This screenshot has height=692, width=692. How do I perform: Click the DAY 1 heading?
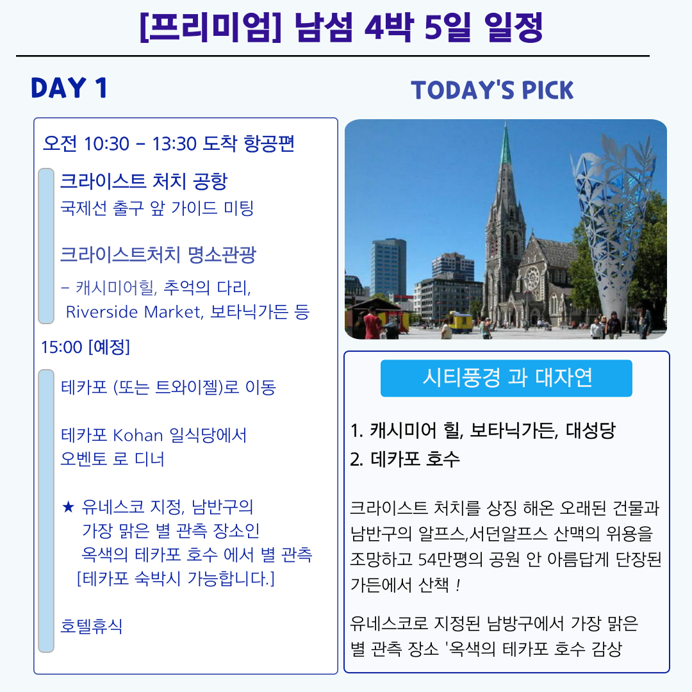click(69, 88)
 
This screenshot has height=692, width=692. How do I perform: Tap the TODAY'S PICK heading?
click(492, 90)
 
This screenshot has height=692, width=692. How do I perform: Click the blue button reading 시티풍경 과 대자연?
click(506, 378)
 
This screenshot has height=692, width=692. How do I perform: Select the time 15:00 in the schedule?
click(62, 347)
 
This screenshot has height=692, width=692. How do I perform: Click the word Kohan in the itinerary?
click(138, 436)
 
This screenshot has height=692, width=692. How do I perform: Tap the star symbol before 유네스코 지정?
click(68, 507)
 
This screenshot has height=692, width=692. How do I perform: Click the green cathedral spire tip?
click(506, 124)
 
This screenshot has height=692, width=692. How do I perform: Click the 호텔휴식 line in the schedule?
click(92, 626)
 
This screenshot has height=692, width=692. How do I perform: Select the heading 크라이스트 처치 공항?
click(144, 181)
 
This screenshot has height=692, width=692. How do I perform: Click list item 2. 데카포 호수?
click(405, 459)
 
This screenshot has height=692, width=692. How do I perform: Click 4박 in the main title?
click(388, 28)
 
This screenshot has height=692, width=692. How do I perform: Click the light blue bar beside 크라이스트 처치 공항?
click(46, 246)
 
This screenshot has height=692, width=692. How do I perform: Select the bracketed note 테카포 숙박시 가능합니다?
click(176, 579)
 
